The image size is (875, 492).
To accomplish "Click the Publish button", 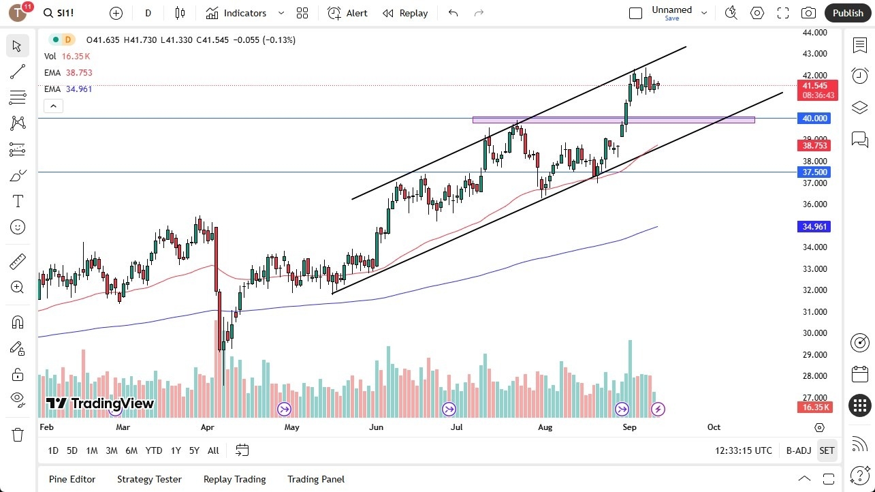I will click(x=848, y=13).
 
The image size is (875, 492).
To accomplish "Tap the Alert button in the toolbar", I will click(x=347, y=13).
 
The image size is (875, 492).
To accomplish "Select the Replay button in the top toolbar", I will click(x=405, y=13).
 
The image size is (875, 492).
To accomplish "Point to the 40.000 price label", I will click(x=814, y=119).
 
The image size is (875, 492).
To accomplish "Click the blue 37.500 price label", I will click(x=814, y=172).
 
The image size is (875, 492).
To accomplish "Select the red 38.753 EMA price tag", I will click(x=814, y=145).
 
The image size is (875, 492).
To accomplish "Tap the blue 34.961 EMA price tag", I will click(x=814, y=226).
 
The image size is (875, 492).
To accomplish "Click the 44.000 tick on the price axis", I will click(x=814, y=32).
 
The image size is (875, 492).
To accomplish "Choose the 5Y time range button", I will click(x=194, y=450).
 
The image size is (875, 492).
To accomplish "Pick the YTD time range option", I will click(x=154, y=450).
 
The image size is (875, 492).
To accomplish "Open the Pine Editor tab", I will click(x=72, y=479).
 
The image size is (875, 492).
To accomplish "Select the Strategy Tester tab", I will click(x=149, y=479).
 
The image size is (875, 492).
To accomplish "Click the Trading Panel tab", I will click(x=316, y=479).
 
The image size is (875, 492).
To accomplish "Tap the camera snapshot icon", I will click(x=808, y=13).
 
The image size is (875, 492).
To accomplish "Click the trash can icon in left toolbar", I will click(x=18, y=434).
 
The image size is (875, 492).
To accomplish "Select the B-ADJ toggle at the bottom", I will click(x=799, y=450).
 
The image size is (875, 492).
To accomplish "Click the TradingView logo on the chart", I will click(x=100, y=403).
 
